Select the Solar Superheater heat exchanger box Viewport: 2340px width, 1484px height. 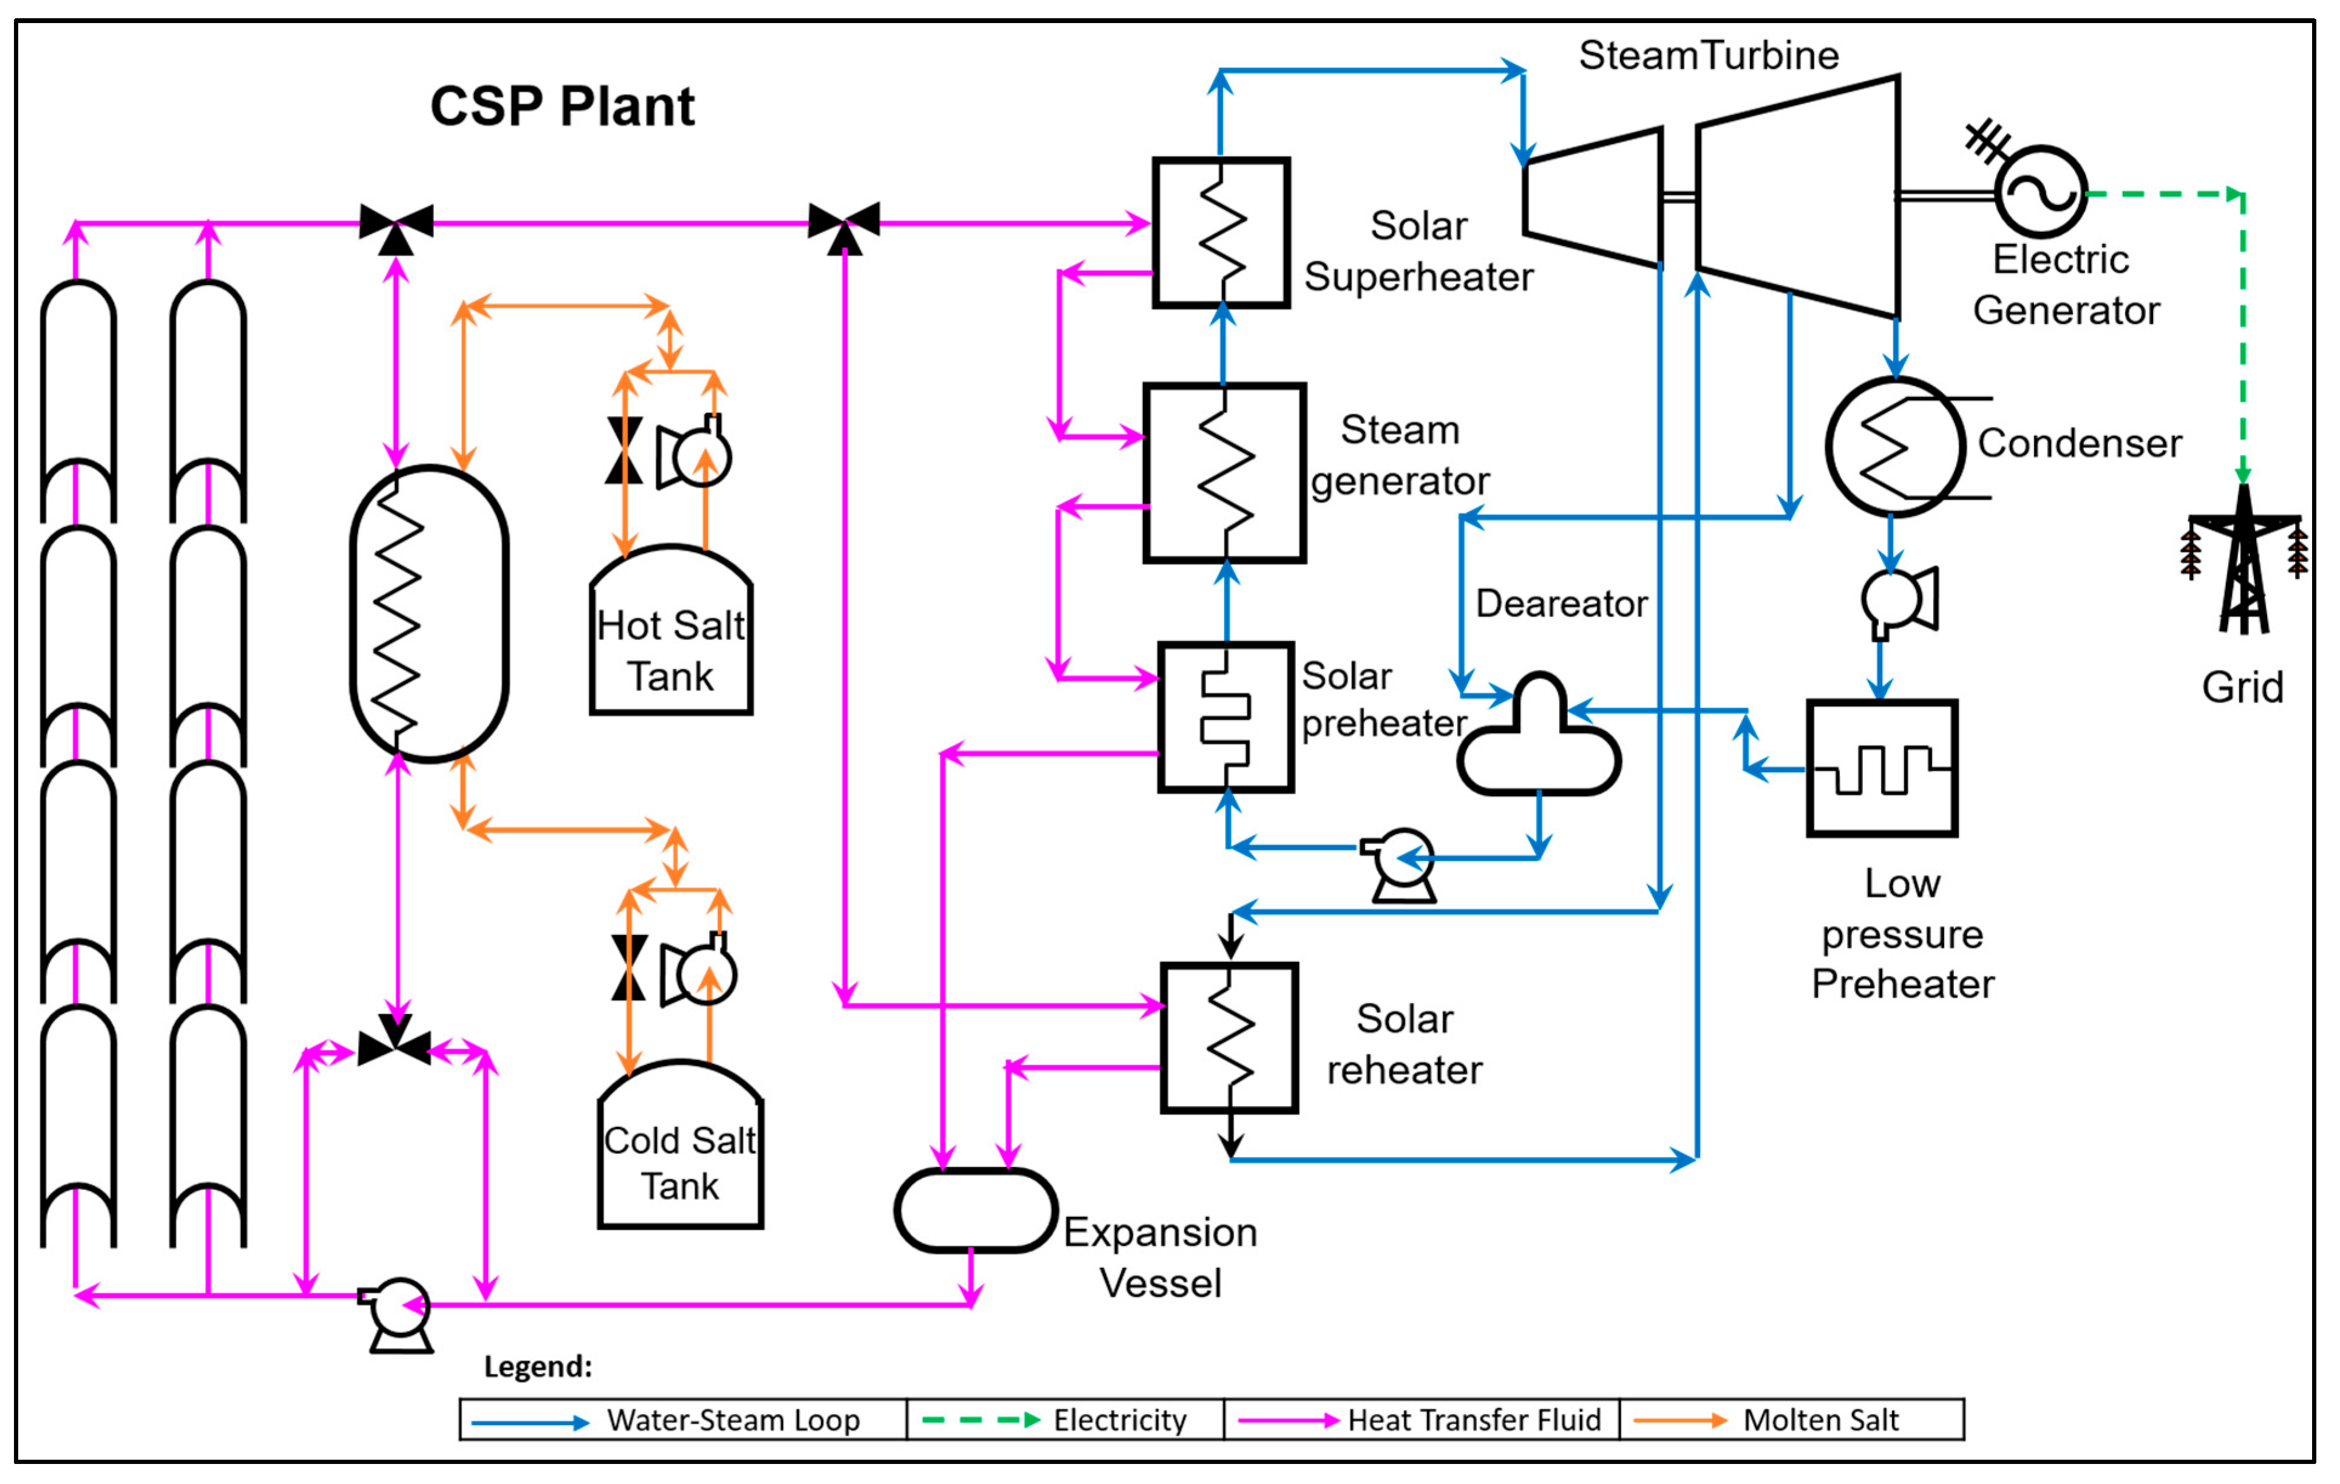1221,233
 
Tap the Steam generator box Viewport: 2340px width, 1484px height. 1224,473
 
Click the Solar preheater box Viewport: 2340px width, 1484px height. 1226,717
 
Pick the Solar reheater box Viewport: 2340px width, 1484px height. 1229,1038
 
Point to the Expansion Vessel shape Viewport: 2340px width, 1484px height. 975,1210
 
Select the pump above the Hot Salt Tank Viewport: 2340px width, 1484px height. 696,455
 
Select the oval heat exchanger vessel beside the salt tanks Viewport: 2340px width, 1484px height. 429,614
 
